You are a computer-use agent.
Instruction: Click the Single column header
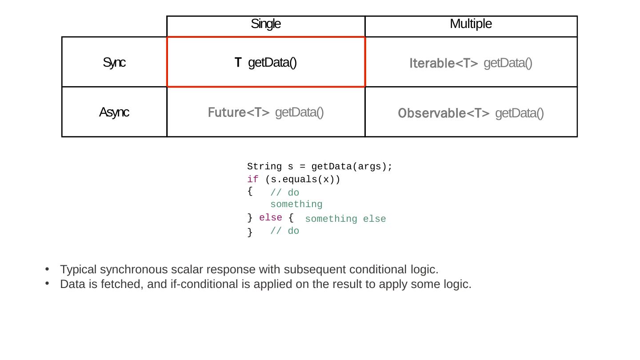(266, 24)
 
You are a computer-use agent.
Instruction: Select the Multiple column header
(471, 24)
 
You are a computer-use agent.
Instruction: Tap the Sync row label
(114, 63)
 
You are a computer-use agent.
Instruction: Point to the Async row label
(114, 112)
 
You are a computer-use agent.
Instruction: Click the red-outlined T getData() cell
(266, 63)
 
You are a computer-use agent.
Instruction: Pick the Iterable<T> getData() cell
(471, 63)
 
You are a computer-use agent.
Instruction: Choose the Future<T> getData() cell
(266, 112)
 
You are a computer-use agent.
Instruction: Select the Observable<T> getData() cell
(471, 113)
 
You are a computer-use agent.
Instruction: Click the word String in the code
(264, 167)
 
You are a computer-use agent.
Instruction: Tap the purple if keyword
(253, 180)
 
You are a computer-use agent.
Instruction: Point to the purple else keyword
(271, 218)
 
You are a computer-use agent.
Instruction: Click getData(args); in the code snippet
(352, 167)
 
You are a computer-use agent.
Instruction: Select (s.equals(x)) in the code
(302, 180)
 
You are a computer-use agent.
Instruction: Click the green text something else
(345, 219)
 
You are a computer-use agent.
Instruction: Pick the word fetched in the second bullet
(122, 284)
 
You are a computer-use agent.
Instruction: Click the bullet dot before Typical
(47, 269)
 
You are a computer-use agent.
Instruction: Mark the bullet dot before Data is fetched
(47, 283)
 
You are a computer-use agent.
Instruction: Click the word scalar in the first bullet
(187, 270)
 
